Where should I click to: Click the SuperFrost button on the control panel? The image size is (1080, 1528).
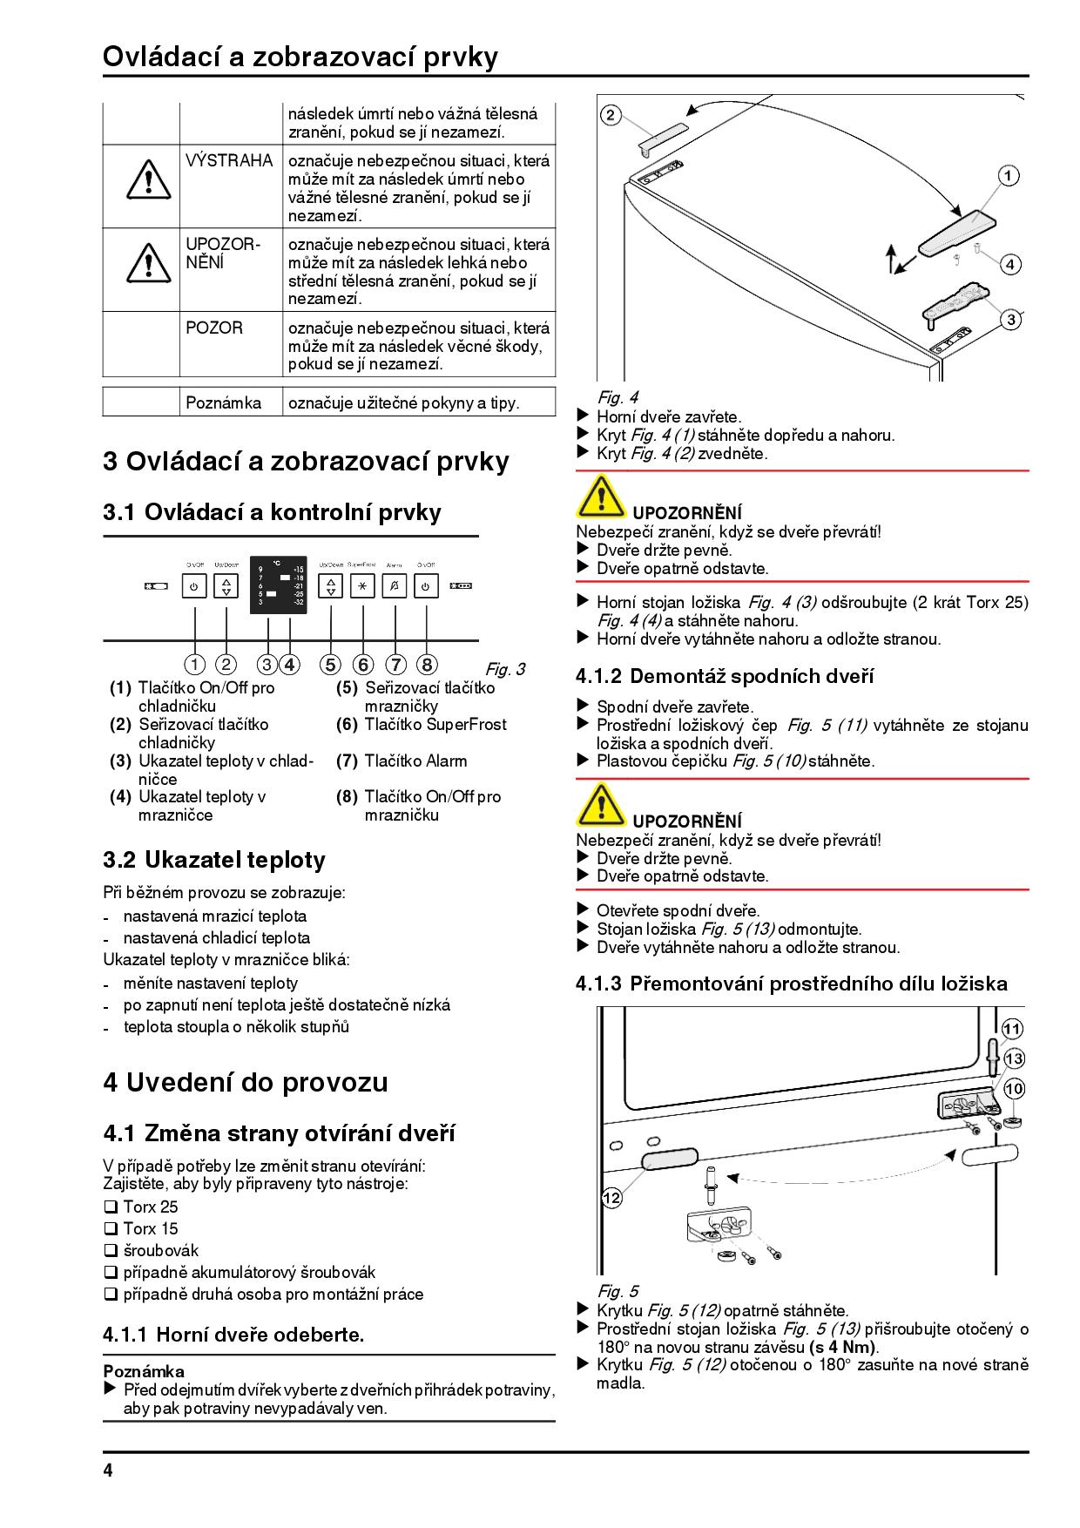(x=362, y=587)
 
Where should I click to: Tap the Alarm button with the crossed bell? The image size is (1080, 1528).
(x=395, y=587)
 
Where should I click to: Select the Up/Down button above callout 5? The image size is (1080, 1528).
(x=331, y=587)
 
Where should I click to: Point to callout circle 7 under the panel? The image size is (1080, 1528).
(x=395, y=665)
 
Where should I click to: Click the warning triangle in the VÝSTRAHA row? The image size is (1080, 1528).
(x=148, y=179)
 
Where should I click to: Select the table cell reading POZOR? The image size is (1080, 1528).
(x=214, y=328)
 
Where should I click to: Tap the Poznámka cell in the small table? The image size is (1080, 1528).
(x=224, y=402)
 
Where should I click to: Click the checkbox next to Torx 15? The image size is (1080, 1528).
(x=111, y=1228)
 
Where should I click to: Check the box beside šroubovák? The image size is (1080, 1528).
(x=111, y=1250)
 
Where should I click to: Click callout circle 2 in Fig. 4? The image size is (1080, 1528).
(x=611, y=114)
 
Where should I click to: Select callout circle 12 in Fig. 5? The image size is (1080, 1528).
(x=612, y=1198)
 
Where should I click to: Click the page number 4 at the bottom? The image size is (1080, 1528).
(x=108, y=1471)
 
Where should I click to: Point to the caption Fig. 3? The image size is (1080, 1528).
(x=505, y=669)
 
